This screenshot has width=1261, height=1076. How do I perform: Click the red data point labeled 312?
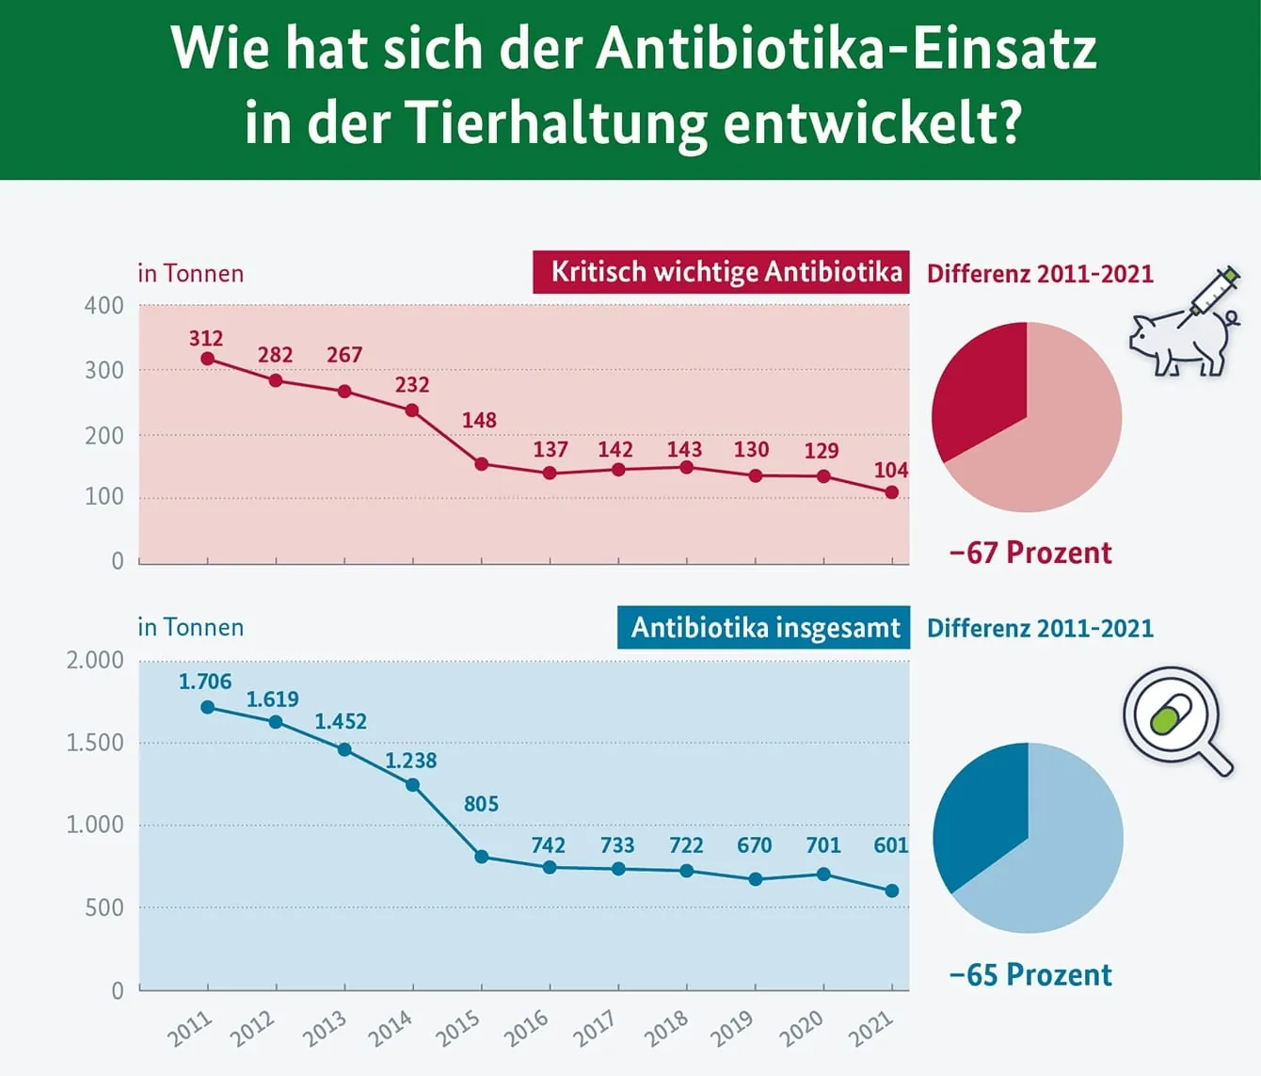[x=207, y=359]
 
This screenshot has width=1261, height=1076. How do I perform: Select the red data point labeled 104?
[x=891, y=492]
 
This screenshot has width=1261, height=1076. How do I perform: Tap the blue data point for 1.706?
[x=207, y=707]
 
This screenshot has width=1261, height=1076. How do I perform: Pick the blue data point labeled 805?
[x=481, y=857]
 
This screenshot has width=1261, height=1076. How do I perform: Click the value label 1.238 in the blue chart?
[x=411, y=761]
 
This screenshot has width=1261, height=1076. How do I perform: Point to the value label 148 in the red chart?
[x=479, y=420]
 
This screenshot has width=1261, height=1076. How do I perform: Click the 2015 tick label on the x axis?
[x=459, y=1028]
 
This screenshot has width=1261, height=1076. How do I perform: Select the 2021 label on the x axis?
[x=871, y=1028]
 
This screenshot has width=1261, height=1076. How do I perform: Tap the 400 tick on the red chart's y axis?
[x=104, y=306]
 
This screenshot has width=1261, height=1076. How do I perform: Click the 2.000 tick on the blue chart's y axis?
[x=95, y=660]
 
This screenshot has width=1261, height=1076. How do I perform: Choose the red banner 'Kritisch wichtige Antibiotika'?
[x=721, y=272]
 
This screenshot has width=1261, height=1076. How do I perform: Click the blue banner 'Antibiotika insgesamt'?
[x=763, y=628]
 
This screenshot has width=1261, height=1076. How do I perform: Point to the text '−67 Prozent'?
[x=1030, y=553]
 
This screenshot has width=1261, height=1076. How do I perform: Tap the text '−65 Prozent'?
[x=1030, y=974]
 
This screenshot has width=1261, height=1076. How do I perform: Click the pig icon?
[x=1176, y=344]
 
